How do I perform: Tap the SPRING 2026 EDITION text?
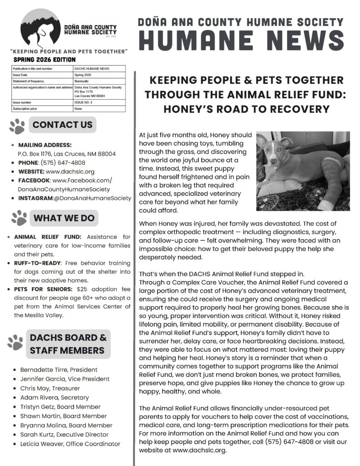click(x=45, y=60)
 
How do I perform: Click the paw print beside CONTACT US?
click(x=17, y=126)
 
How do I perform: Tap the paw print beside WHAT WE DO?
click(x=19, y=218)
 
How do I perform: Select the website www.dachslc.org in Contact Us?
click(x=70, y=172)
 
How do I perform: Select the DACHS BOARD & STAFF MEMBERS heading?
click(x=68, y=344)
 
